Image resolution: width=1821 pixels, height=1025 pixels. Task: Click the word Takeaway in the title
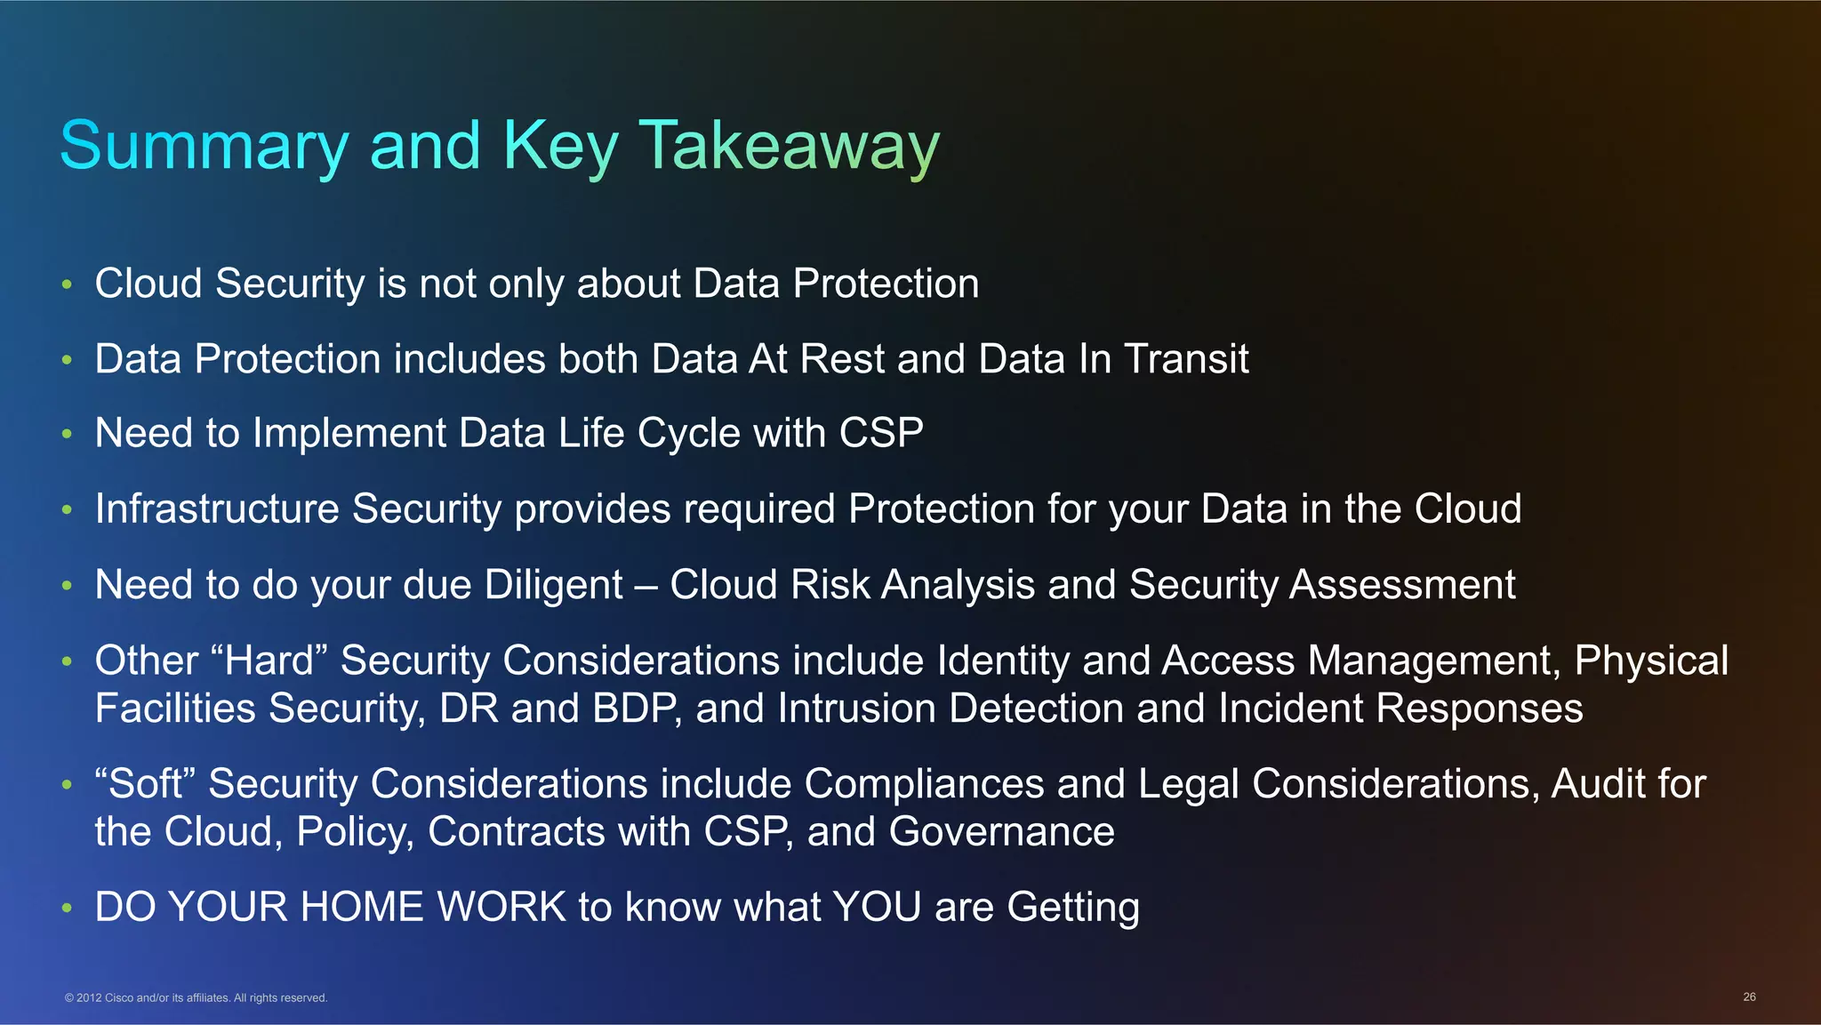coord(789,146)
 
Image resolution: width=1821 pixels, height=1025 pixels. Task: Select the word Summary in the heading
coord(204,146)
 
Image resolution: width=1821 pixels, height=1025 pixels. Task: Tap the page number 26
coord(1749,997)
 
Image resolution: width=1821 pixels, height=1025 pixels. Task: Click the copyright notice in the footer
coord(196,997)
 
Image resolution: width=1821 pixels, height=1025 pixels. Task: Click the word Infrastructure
coord(217,509)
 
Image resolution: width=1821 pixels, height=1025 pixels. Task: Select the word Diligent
coord(553,585)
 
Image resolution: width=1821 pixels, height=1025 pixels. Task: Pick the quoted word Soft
coord(145,784)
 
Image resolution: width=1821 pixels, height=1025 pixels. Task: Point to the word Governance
coord(1001,832)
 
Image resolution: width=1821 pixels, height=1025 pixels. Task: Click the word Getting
coord(1073,908)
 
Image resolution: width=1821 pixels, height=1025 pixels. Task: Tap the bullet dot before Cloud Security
coord(67,284)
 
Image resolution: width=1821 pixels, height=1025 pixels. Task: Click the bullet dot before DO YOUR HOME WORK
coord(67,909)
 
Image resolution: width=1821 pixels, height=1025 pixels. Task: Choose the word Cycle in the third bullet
coord(688,434)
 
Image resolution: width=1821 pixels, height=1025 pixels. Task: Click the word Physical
coord(1651,661)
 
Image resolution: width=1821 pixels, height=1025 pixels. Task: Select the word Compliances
coord(924,784)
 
